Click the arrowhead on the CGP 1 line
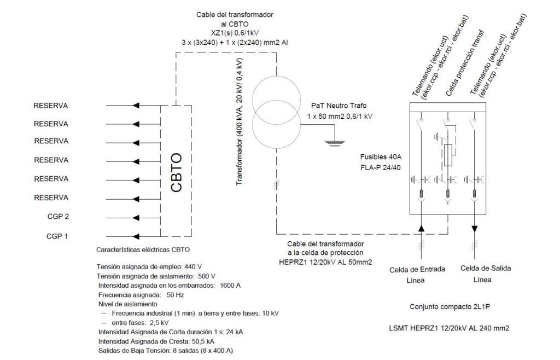click(x=136, y=236)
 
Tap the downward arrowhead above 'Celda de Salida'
click(x=474, y=227)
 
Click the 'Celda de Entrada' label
click(x=417, y=269)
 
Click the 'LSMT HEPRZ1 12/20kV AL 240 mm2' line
click(x=450, y=329)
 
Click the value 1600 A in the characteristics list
click(x=230, y=286)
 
